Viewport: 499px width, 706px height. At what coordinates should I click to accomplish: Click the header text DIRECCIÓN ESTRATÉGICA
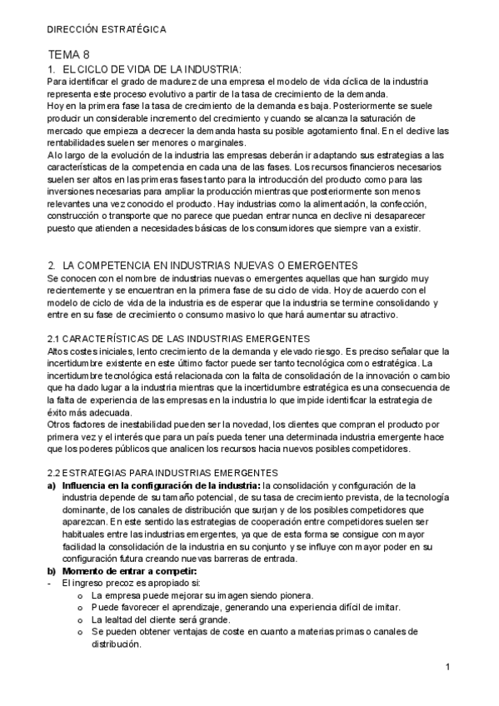point(107,30)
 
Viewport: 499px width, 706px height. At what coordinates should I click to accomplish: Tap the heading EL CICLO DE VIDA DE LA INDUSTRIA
point(152,68)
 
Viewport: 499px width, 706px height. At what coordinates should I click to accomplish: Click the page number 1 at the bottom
point(447,667)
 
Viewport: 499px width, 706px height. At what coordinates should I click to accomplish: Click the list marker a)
point(52,485)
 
